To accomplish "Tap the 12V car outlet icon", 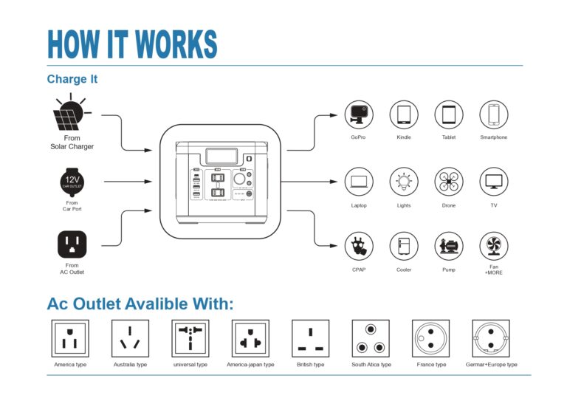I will click(72, 181).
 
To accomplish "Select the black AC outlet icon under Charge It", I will click(72, 244).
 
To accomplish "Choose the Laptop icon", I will click(359, 181).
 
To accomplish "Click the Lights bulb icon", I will click(404, 181).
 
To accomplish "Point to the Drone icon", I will click(448, 181).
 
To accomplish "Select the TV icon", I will click(493, 181).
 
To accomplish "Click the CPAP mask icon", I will click(359, 246).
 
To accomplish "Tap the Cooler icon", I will click(404, 246).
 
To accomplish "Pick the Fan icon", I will click(493, 246).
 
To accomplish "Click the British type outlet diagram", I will click(310, 339).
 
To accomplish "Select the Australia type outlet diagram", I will click(130, 339).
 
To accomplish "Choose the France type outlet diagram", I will click(430, 339).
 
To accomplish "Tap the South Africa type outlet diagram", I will click(371, 339).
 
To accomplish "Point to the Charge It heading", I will click(72, 79).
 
